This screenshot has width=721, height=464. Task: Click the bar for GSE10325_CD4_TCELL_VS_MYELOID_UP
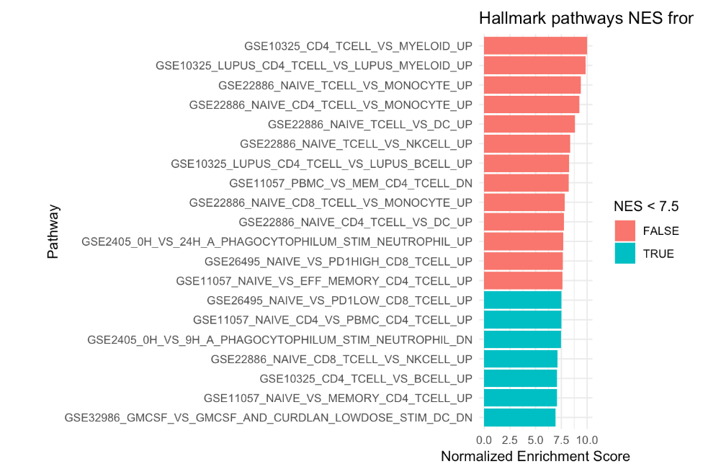pyautogui.click(x=535, y=46)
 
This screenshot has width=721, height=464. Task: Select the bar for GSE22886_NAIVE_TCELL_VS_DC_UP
pyautogui.click(x=529, y=124)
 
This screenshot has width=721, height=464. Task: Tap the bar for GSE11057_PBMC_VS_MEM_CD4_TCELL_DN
pyautogui.click(x=526, y=183)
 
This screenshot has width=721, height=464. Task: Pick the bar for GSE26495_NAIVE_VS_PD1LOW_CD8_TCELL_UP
pyautogui.click(x=522, y=300)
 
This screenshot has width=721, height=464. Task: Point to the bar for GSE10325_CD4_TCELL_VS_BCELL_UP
pyautogui.click(x=520, y=378)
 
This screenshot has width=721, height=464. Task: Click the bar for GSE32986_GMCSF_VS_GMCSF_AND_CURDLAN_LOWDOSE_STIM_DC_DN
pyautogui.click(x=519, y=417)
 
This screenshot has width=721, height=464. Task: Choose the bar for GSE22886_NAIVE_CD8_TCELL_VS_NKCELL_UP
pyautogui.click(x=520, y=359)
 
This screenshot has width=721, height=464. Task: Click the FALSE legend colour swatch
pyautogui.click(x=625, y=231)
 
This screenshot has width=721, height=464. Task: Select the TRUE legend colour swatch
pyautogui.click(x=625, y=254)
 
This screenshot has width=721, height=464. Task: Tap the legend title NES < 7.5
pyautogui.click(x=646, y=207)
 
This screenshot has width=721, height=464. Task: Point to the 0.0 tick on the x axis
pyautogui.click(x=484, y=439)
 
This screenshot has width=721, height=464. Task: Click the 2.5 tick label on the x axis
pyautogui.click(x=510, y=439)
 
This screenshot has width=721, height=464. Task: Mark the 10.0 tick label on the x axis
pyautogui.click(x=587, y=439)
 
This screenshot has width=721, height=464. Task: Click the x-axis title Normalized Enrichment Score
pyautogui.click(x=535, y=455)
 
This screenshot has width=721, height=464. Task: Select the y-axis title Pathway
pyautogui.click(x=53, y=231)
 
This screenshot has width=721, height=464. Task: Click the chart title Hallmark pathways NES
pyautogui.click(x=586, y=19)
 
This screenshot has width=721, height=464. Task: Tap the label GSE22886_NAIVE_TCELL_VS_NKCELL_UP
pyautogui.click(x=356, y=144)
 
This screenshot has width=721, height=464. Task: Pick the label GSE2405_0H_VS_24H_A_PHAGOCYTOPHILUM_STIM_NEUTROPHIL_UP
pyautogui.click(x=277, y=241)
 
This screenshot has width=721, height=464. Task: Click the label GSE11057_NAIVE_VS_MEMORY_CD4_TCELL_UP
pyautogui.click(x=338, y=398)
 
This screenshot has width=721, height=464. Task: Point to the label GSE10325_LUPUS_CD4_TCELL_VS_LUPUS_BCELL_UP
pyautogui.click(x=321, y=164)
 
